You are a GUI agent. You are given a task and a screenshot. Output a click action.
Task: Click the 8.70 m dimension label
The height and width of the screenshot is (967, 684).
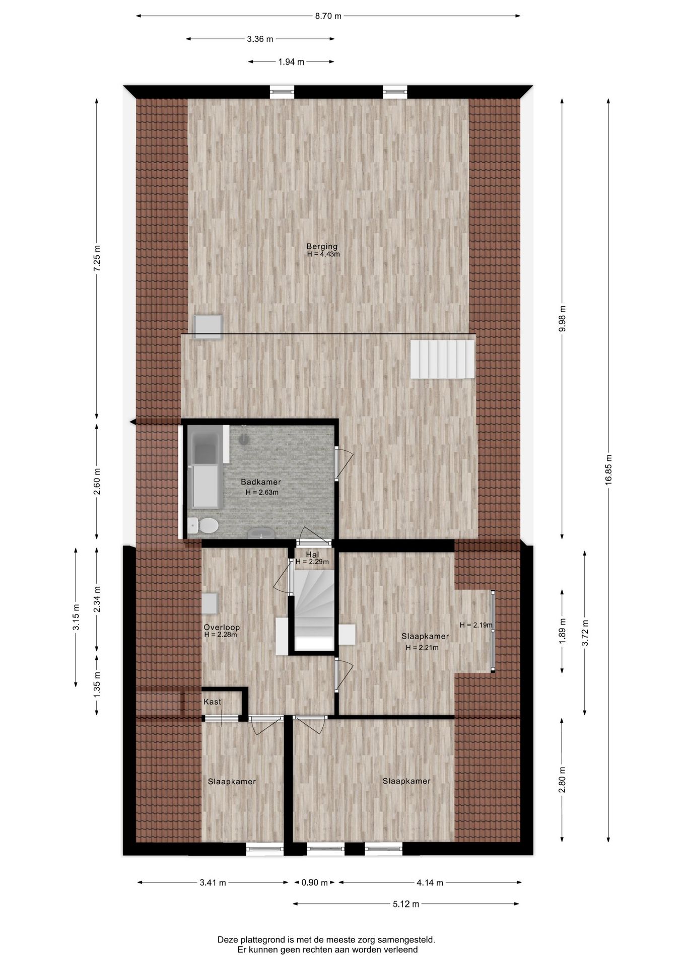coord(328,16)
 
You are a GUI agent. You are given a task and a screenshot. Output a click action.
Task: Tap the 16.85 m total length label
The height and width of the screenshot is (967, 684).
coord(608,470)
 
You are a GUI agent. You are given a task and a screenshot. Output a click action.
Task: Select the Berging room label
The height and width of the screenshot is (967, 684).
coord(322,246)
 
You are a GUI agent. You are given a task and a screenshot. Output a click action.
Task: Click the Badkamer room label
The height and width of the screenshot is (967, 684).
coord(261,482)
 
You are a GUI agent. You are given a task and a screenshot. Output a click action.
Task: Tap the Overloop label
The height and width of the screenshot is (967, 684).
coord(222,627)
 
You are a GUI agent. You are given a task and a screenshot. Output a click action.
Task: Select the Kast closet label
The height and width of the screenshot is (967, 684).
coord(212,702)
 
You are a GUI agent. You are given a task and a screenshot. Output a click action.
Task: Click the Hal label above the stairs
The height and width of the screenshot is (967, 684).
coord(312,555)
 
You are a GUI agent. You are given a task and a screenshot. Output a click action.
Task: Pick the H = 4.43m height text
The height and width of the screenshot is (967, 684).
coord(323,254)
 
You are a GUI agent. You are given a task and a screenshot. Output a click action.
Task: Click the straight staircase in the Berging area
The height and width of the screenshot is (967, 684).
coord(442,359)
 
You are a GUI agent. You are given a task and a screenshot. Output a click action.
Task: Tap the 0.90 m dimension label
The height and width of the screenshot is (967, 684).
coord(314,882)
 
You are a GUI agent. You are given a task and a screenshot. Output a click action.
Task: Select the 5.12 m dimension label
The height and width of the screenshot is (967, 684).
coord(405,904)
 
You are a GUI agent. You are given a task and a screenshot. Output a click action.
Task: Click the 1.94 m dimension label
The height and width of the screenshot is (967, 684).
coord(291,62)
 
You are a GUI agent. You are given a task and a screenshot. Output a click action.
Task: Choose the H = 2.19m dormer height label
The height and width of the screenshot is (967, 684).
coord(476,625)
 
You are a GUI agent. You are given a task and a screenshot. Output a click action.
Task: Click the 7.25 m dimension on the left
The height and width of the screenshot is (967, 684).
coord(97,258)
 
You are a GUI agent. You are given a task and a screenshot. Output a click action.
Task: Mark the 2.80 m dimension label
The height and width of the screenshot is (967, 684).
coord(562,780)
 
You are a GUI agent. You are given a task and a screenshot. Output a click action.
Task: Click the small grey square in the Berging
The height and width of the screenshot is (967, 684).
coord(209,327)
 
